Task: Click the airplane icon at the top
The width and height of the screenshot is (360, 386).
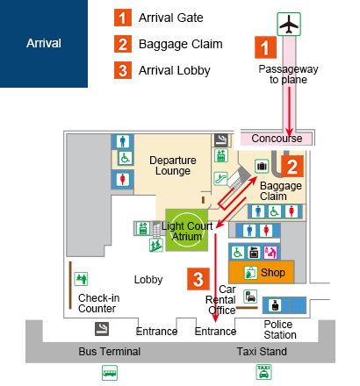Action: (x=289, y=24)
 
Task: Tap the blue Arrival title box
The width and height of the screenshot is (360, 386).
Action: (x=44, y=44)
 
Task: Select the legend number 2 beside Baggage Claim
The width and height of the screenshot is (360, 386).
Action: (x=123, y=44)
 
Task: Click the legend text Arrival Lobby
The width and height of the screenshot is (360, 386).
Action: (x=175, y=70)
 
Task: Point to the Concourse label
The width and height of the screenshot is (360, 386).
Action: (x=277, y=139)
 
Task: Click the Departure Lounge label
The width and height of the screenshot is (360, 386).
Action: (x=173, y=166)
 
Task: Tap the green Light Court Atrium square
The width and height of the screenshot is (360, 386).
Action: (x=187, y=230)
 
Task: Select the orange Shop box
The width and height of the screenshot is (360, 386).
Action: (x=261, y=272)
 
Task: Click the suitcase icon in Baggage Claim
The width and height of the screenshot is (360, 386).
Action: (x=262, y=167)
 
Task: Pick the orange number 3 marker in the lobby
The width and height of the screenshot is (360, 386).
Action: (x=198, y=279)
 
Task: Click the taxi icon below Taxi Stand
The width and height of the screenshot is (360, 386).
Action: (x=263, y=372)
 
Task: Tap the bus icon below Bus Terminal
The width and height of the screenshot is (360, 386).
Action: (x=110, y=373)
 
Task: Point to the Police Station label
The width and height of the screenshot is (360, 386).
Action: (x=280, y=330)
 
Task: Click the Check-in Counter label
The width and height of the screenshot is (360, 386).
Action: (x=99, y=304)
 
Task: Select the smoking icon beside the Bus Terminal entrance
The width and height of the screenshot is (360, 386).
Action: (x=102, y=329)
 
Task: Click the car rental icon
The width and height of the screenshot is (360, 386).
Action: (x=250, y=297)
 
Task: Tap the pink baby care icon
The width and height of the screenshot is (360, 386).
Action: (x=270, y=253)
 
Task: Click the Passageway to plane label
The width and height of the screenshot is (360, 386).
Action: (x=288, y=75)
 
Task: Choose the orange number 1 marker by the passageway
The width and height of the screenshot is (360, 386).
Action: (x=265, y=47)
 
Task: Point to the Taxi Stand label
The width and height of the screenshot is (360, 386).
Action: (x=262, y=352)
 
